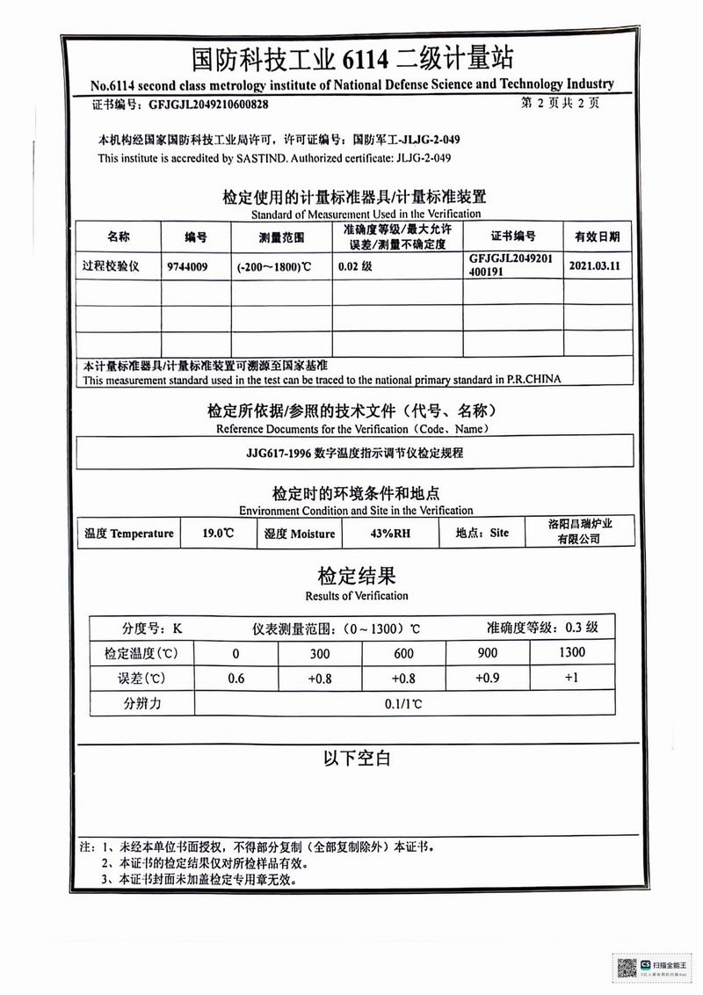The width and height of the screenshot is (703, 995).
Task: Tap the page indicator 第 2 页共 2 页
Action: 560,103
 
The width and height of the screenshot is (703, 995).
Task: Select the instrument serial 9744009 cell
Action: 186,265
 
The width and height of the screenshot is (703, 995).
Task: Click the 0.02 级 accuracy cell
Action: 355,265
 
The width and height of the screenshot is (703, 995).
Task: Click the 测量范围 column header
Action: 281,236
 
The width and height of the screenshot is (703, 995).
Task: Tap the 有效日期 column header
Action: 597,236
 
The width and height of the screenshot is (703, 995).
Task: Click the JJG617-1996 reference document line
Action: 354,454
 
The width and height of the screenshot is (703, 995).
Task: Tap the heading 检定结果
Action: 356,576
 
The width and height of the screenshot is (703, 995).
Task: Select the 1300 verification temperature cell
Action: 571,652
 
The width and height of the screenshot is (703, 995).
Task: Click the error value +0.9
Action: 487,678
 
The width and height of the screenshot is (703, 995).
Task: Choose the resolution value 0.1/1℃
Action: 403,703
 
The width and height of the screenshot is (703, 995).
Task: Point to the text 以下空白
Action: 356,758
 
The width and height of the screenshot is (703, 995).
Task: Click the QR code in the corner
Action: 627,969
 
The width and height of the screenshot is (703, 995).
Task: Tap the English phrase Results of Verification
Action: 356,596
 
